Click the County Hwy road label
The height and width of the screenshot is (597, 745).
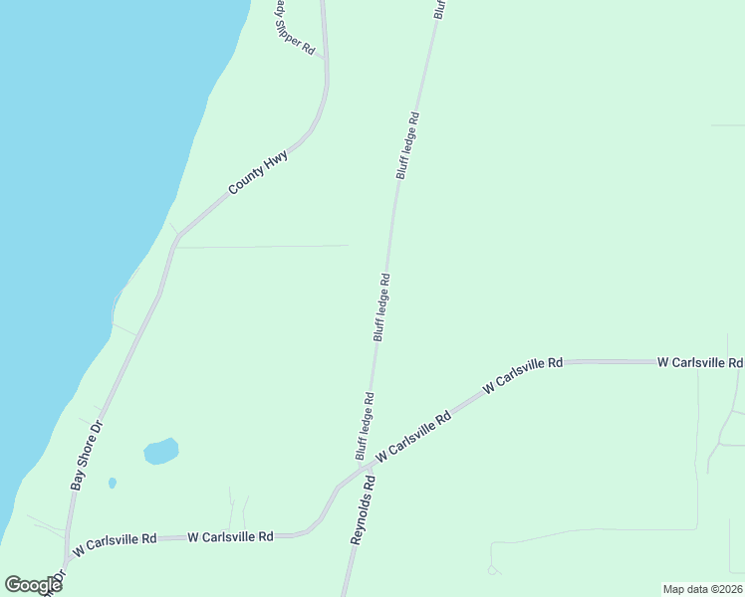tap(258, 173)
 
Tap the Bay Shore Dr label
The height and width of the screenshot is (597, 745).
tap(88, 453)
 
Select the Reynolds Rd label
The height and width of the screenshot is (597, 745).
tap(362, 508)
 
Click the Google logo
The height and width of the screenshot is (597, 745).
tap(33, 585)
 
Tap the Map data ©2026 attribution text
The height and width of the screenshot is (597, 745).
tap(702, 589)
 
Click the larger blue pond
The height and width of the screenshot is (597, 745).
tap(161, 452)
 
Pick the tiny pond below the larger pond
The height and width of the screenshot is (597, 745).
tap(112, 484)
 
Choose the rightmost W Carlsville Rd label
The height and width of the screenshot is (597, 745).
tap(699, 363)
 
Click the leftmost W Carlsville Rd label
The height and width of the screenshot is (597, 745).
tap(115, 541)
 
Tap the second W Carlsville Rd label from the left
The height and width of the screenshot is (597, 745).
tap(230, 537)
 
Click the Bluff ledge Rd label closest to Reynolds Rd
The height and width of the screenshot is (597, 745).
tap(365, 426)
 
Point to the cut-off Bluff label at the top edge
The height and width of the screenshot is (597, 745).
tap(439, 9)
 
